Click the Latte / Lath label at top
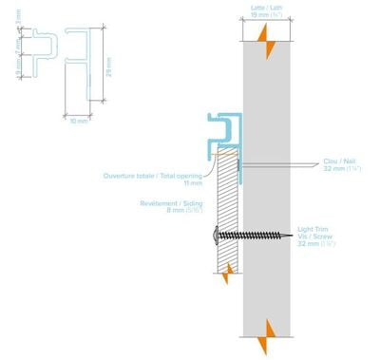[x=266, y=8]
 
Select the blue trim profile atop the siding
[x=220, y=133]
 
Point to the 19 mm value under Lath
[x=267, y=15]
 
